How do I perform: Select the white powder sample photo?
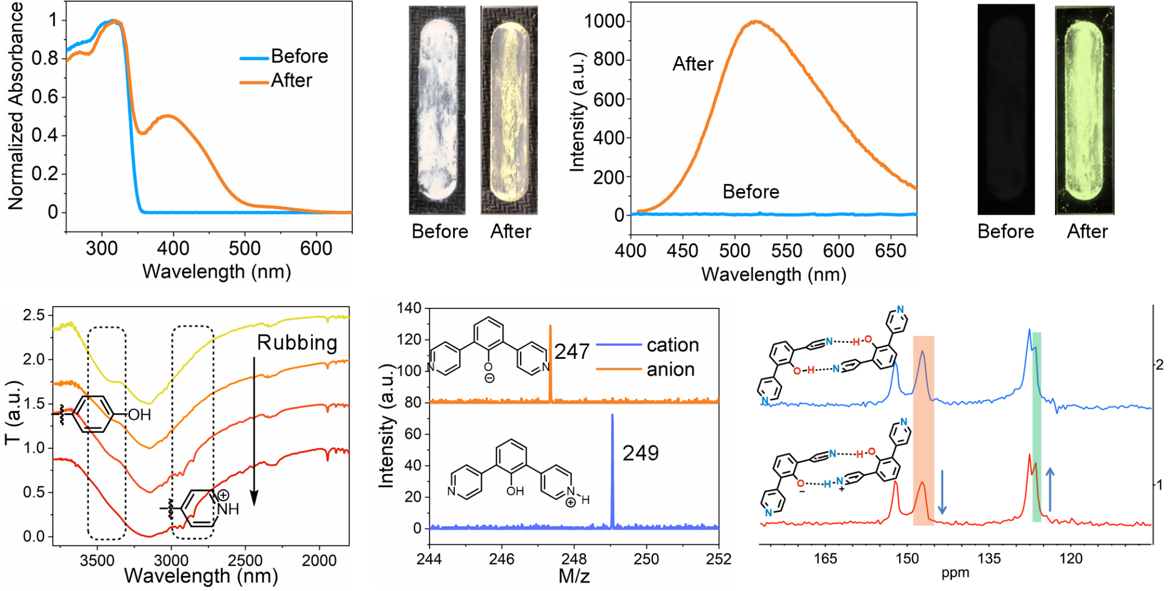coord(437,110)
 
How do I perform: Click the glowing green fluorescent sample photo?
coord(1084,110)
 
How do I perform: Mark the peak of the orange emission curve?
coord(756,21)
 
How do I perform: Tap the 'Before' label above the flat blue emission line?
coord(751,192)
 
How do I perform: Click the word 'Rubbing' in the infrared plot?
coord(297,343)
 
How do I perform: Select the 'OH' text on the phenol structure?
coord(139,415)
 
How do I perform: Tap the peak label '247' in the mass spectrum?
coord(572,352)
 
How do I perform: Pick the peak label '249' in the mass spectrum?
coord(640,453)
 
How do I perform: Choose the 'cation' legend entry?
coord(673,345)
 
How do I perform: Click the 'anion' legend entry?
coord(670,370)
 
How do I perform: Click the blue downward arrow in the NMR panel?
coord(942,492)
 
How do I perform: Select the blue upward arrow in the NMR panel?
coord(1050,489)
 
